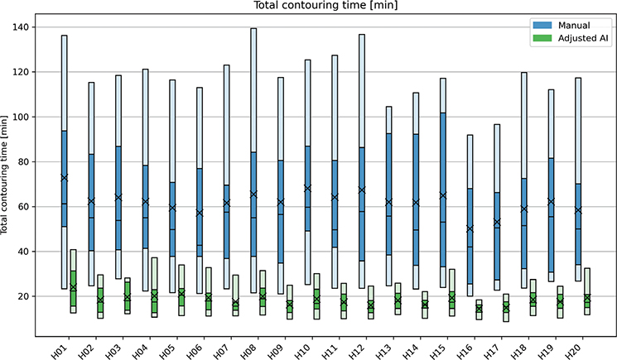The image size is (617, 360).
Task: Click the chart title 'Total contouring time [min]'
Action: (x=325, y=5)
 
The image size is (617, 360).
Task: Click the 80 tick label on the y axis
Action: (x=23, y=161)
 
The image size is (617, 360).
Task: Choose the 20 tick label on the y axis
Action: (x=23, y=296)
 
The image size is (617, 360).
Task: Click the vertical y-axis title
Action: (x=4, y=175)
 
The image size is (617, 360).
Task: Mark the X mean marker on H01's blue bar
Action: (x=64, y=178)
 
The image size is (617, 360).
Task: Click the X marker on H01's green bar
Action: (x=73, y=286)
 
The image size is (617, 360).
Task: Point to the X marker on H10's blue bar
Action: (x=308, y=188)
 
